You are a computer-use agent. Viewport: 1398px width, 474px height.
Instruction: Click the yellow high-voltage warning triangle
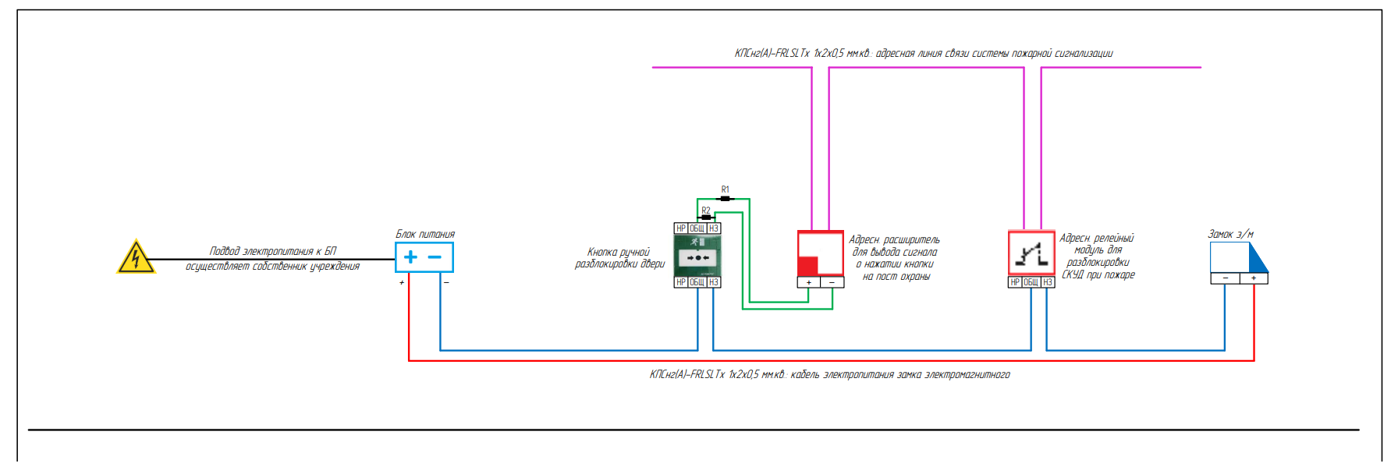pyautogui.click(x=136, y=257)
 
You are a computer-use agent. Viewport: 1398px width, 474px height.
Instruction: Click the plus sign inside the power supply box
pyautogui.click(x=410, y=257)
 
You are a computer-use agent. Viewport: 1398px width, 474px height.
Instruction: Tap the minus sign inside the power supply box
pyautogui.click(x=435, y=257)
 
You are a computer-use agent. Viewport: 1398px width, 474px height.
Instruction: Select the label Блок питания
pyautogui.click(x=425, y=234)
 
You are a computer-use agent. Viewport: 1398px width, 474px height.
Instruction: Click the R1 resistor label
pyautogui.click(x=725, y=189)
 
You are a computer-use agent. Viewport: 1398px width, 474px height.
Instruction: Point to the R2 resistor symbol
pyautogui.click(x=706, y=218)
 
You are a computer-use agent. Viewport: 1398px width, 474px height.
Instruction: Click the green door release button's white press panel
pyautogui.click(x=697, y=257)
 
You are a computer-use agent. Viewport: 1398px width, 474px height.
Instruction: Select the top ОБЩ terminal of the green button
pyautogui.click(x=697, y=228)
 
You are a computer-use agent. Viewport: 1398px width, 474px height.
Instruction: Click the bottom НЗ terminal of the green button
pyautogui.click(x=713, y=282)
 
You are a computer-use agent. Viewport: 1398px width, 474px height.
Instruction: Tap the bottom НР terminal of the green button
pyautogui.click(x=681, y=282)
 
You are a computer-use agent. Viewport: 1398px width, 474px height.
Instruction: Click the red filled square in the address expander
pyautogui.click(x=807, y=266)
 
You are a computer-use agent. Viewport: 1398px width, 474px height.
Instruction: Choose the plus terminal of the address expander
pyautogui.click(x=809, y=282)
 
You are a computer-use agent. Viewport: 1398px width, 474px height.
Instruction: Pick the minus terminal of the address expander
pyautogui.click(x=832, y=282)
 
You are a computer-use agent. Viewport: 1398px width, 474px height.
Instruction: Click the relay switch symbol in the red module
pyautogui.click(x=1031, y=254)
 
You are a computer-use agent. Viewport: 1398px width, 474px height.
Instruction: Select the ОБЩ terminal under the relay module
pyautogui.click(x=1031, y=282)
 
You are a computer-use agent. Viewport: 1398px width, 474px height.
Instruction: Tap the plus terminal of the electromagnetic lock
pyautogui.click(x=1254, y=278)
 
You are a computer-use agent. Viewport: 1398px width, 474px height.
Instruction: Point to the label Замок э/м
pyautogui.click(x=1230, y=234)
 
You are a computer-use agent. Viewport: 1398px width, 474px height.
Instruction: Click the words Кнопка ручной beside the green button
pyautogui.click(x=619, y=252)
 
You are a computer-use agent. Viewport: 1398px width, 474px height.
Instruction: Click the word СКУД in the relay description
pyautogui.click(x=1073, y=274)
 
